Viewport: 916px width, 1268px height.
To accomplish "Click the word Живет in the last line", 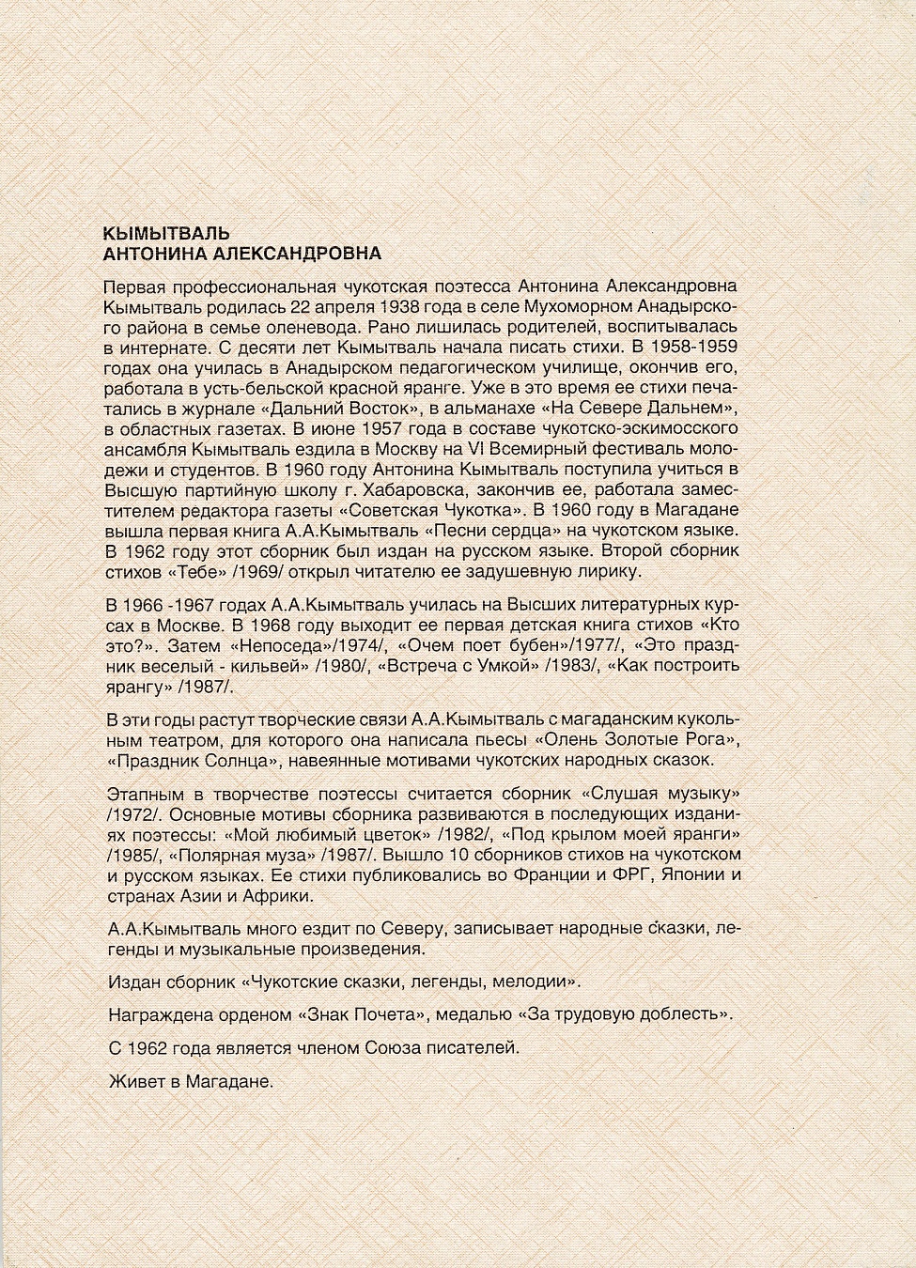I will [132, 1083].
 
